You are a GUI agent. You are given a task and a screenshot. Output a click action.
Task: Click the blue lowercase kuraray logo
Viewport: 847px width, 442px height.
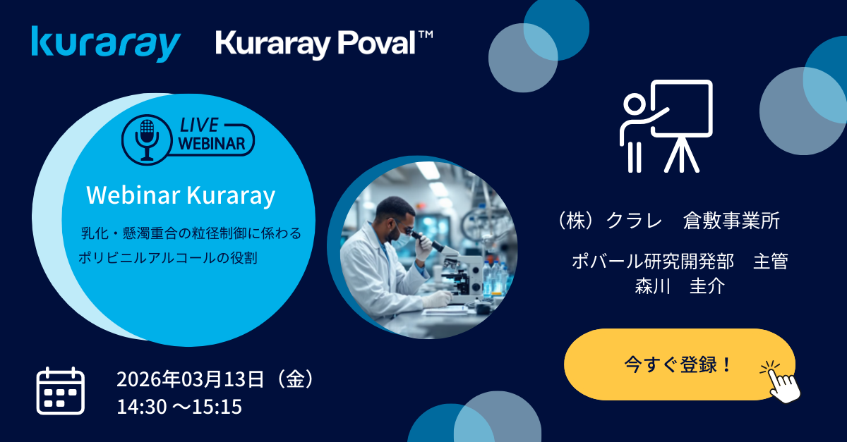[x=106, y=44]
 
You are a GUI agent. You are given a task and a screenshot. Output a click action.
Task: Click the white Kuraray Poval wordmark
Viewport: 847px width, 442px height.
[x=316, y=44]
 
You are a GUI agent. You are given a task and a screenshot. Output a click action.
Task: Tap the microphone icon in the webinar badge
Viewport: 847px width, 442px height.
[x=147, y=140]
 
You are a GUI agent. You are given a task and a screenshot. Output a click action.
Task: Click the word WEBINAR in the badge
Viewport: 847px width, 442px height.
[x=212, y=144]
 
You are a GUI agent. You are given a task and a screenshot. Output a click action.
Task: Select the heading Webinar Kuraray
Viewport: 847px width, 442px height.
[x=181, y=195]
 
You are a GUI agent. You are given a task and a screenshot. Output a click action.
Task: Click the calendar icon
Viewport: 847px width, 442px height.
[x=61, y=391]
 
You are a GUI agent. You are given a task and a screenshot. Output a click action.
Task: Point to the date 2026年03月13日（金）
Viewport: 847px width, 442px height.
[x=215, y=379]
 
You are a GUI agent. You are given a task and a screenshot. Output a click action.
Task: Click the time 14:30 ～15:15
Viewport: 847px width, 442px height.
[x=179, y=407]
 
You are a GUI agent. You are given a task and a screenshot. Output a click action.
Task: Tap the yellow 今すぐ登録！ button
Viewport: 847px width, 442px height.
[x=680, y=364]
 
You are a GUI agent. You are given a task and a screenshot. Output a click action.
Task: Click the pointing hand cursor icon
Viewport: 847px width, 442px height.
[x=783, y=382]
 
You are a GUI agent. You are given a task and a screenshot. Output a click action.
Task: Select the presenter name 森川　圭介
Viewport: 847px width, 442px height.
[x=680, y=286]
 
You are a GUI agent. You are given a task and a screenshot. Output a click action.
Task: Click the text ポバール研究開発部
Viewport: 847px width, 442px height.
[x=653, y=262]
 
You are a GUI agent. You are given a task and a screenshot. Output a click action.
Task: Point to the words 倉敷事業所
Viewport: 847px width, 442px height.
[x=731, y=221]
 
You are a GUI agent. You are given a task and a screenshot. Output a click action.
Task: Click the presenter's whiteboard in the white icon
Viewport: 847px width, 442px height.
[x=682, y=108]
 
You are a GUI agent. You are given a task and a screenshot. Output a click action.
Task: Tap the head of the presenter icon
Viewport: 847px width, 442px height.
[x=634, y=104]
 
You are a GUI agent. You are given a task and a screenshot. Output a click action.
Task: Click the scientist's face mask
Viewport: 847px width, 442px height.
[x=400, y=240]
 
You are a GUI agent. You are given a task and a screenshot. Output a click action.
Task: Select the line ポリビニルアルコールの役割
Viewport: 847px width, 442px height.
[x=168, y=258]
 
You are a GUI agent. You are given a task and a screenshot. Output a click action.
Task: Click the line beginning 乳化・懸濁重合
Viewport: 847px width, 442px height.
[x=191, y=233]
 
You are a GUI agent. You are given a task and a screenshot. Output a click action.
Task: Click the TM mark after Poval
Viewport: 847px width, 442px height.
[x=426, y=35]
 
